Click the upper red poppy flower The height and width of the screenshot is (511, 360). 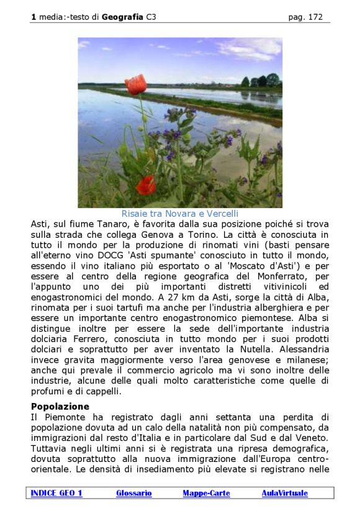coord(135,84)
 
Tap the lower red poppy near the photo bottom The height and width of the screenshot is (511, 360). coord(146,184)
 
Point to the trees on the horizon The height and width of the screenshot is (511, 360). coord(261,81)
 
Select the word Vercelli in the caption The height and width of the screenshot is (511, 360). coord(220,214)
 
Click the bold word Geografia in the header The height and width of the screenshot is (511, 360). coord(123,17)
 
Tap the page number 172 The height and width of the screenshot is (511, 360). coord(315,17)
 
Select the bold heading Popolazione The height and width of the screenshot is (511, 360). coord(60,406)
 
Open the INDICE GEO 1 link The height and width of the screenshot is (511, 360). coord(56,493)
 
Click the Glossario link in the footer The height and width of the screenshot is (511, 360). coord(133,493)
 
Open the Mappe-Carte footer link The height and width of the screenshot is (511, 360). coord(206,493)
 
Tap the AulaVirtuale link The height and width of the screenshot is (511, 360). coord(284,493)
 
